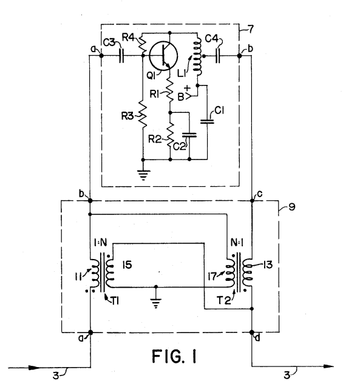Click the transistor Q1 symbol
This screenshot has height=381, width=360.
[163, 56]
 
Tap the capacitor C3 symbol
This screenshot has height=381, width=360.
[121, 56]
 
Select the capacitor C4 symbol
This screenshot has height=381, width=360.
[218, 56]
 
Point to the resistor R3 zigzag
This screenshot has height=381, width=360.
[143, 115]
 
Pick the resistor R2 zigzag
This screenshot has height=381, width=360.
[170, 135]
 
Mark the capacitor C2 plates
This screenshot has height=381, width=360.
[189, 135]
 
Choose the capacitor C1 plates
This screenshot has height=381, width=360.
[207, 121]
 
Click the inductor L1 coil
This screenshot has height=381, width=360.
[198, 56]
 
